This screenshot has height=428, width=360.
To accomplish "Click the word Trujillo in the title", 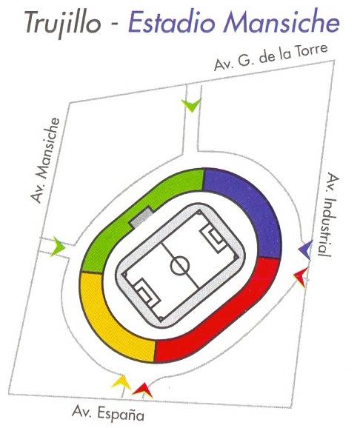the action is [x=63, y=23].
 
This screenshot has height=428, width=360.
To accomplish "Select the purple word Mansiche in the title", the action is [x=281, y=21].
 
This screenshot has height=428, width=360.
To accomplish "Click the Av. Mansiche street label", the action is [x=45, y=160].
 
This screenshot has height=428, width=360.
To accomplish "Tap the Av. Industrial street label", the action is [x=328, y=215].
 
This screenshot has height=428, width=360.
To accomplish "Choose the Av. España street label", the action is [x=108, y=413].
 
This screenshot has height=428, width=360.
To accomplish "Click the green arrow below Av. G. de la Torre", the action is [x=191, y=105].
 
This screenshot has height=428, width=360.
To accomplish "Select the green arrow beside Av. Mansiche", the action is [x=58, y=247].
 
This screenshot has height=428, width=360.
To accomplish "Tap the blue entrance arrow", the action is [x=305, y=250].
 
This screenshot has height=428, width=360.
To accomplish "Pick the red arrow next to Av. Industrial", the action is [x=301, y=277].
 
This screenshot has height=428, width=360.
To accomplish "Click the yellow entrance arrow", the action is [x=121, y=382].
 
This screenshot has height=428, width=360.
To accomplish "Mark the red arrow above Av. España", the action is [x=142, y=389].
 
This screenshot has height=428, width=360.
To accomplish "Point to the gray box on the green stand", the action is [x=141, y=217].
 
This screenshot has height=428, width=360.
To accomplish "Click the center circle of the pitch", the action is [x=180, y=265].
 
